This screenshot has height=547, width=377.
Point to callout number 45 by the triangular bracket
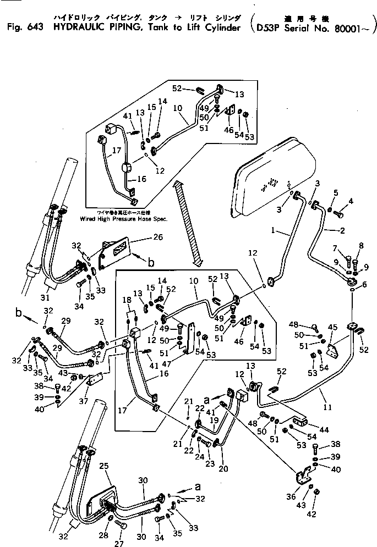[x=332, y=328]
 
